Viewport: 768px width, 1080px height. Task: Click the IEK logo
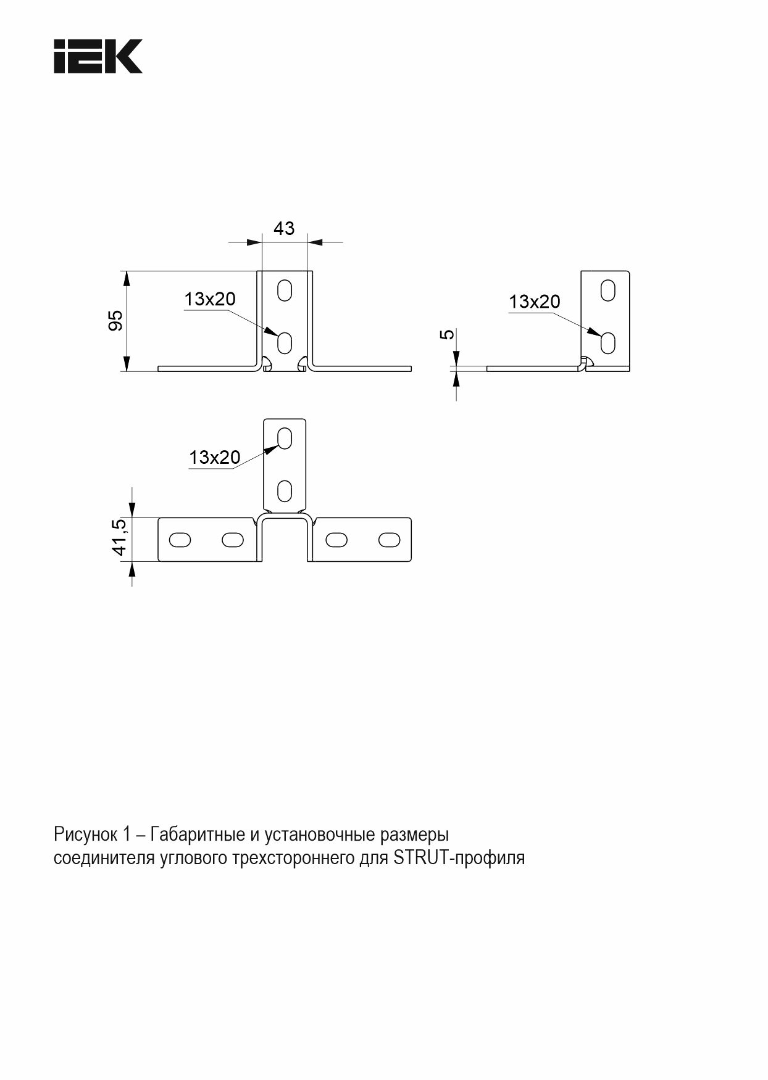click(98, 57)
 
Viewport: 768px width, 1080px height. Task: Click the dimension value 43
click(284, 229)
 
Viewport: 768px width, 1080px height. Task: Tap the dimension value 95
click(115, 321)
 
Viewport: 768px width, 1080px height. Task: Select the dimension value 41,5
click(120, 537)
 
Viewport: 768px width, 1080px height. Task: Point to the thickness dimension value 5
click(447, 334)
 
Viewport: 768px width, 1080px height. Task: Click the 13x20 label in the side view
click(534, 302)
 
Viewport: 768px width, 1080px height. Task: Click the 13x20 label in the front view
click(210, 299)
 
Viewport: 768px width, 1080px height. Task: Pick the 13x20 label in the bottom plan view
click(214, 458)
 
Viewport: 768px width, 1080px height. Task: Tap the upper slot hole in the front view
click(285, 291)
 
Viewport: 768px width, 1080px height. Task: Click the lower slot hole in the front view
click(285, 342)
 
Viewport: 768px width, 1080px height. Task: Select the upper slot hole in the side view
click(608, 291)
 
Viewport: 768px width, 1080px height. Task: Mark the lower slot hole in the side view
click(608, 342)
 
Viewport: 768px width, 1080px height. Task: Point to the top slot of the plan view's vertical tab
click(285, 439)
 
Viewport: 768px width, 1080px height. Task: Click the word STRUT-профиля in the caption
click(459, 858)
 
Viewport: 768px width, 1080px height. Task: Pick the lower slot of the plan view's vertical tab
click(285, 491)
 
